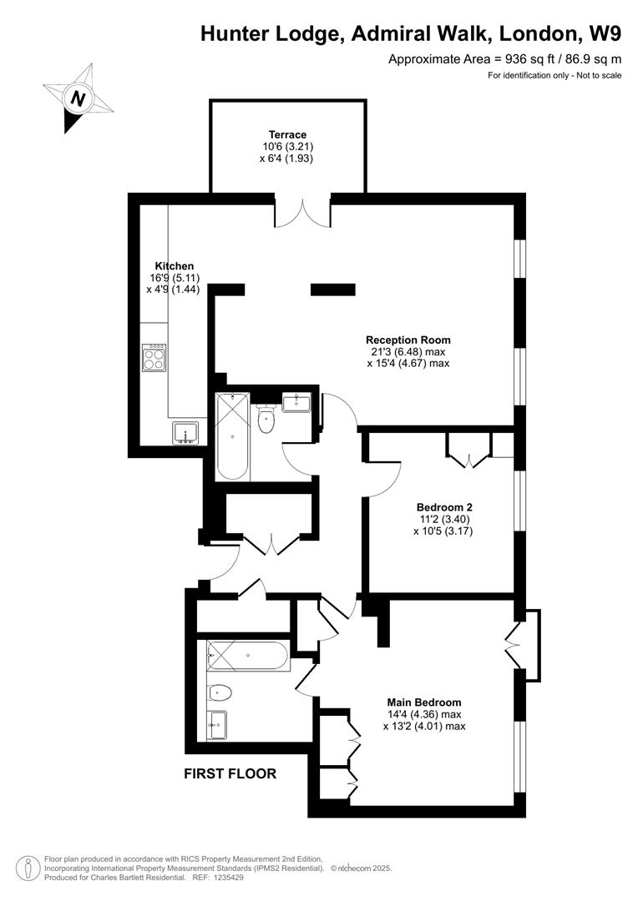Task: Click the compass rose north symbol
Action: tap(78, 98)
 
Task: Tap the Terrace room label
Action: tap(287, 134)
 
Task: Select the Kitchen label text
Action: tap(174, 266)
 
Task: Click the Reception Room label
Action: tap(408, 340)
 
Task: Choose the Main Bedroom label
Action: tap(423, 702)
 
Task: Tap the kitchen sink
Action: tap(185, 431)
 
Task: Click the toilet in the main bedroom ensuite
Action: tap(220, 692)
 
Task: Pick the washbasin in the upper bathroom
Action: tap(297, 403)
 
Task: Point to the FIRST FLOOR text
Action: tap(230, 773)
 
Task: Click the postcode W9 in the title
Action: tap(604, 33)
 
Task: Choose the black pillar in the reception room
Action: tap(333, 289)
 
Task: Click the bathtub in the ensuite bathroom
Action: tap(248, 656)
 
